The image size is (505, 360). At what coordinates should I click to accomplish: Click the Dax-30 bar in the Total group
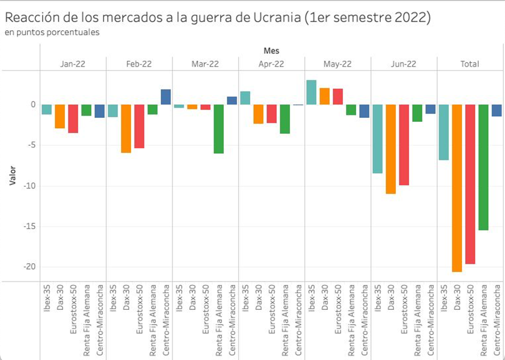click(456, 188)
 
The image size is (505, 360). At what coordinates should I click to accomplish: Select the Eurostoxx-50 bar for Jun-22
click(403, 145)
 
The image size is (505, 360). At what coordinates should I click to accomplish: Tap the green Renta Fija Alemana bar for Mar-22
click(218, 129)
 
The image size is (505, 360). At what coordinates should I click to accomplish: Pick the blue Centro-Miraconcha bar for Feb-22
click(165, 97)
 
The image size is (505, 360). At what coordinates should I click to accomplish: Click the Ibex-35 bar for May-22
click(311, 92)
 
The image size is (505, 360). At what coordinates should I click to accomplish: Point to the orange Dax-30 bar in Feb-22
click(125, 129)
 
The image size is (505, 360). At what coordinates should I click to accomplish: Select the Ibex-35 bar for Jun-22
click(377, 139)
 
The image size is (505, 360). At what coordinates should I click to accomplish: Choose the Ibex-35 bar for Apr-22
click(245, 98)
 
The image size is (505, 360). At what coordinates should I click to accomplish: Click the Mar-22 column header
click(205, 64)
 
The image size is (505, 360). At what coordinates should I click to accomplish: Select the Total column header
click(469, 64)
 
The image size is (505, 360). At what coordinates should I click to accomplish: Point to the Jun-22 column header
click(404, 64)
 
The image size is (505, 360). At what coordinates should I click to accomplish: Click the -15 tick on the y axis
click(27, 226)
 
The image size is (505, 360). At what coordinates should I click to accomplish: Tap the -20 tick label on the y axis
click(27, 267)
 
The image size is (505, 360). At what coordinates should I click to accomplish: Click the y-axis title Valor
click(12, 175)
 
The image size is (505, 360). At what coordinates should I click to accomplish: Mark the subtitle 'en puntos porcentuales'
click(52, 32)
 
